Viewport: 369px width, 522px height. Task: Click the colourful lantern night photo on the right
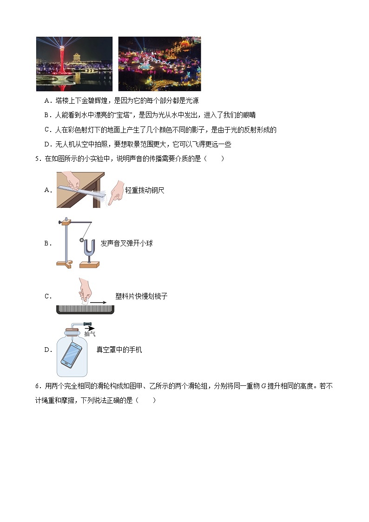click(x=159, y=64)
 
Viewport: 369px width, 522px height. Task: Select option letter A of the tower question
click(x=47, y=100)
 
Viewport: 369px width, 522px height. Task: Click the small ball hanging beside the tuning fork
click(x=82, y=240)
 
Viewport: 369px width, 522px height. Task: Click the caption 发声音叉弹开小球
click(x=126, y=243)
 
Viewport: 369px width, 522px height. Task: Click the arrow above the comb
click(x=98, y=302)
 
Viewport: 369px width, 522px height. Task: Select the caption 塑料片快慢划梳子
click(x=141, y=296)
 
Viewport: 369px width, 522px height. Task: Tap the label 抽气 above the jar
click(x=90, y=334)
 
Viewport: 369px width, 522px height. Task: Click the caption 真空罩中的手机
click(x=119, y=350)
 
